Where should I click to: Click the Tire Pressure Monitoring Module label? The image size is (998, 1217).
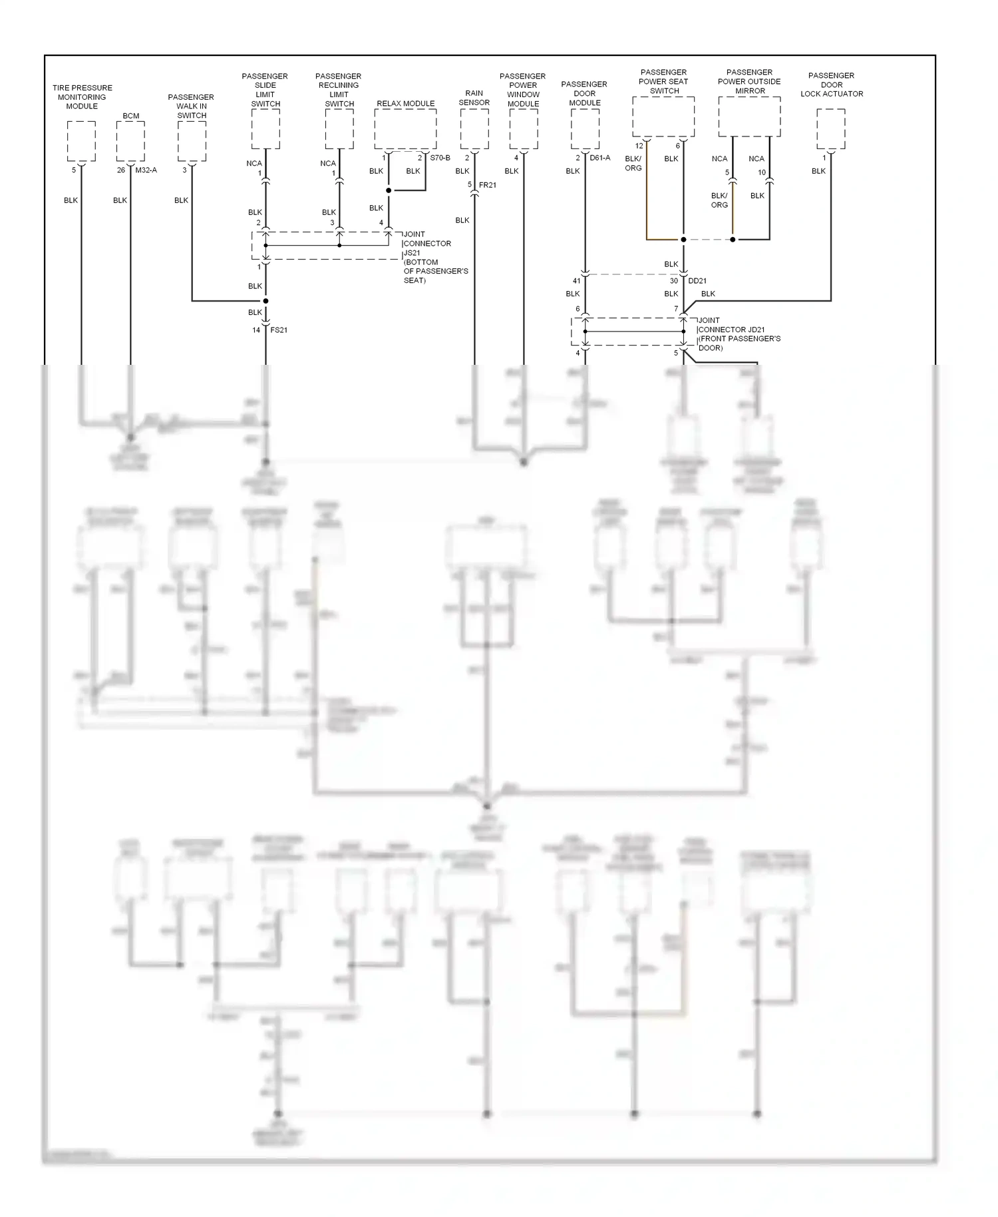tap(82, 97)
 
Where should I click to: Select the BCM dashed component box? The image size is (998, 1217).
tap(130, 141)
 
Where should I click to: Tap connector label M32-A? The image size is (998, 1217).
tap(146, 170)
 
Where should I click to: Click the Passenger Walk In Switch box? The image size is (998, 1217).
tap(192, 141)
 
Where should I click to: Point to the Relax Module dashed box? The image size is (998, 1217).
tap(405, 129)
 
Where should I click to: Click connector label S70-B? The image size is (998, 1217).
tap(440, 158)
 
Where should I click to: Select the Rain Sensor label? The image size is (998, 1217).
tap(474, 98)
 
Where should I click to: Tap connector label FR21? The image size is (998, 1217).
tap(488, 185)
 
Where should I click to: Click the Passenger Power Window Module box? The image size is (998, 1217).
tap(524, 129)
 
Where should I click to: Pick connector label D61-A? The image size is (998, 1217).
tap(599, 158)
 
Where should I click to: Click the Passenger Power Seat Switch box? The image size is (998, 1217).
tap(663, 117)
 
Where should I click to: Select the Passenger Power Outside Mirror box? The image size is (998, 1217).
tap(749, 117)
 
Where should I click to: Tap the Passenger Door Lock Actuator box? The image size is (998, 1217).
tap(831, 129)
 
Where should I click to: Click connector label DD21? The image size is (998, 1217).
tap(697, 281)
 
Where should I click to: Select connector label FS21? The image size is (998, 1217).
tap(279, 330)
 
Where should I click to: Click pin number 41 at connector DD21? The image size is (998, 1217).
tap(576, 281)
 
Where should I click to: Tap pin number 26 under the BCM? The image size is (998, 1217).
tap(121, 170)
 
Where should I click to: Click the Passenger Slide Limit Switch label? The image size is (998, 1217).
tap(265, 90)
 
